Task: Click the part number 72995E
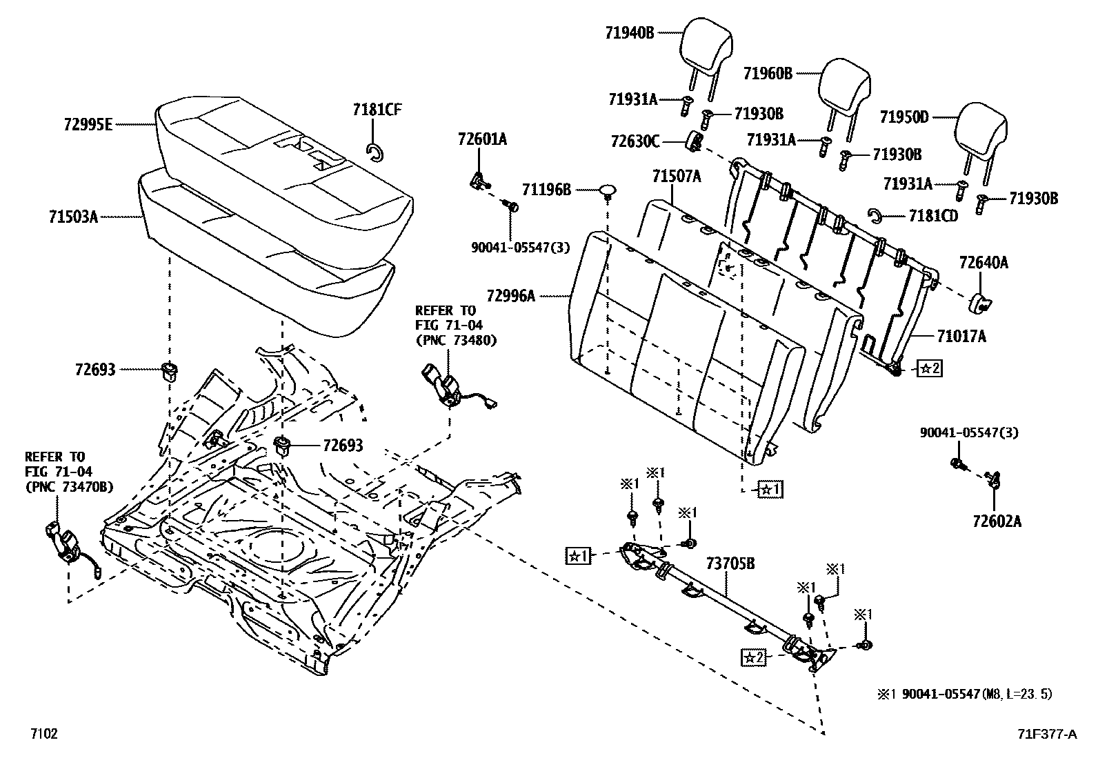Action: (x=87, y=125)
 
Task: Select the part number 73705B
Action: (x=730, y=564)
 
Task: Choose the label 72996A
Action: (x=510, y=296)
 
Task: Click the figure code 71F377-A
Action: (x=1046, y=734)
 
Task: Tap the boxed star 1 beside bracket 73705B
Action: (x=577, y=555)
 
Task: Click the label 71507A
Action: (x=676, y=177)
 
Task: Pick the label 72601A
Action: (x=481, y=139)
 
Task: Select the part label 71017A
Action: (x=961, y=336)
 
